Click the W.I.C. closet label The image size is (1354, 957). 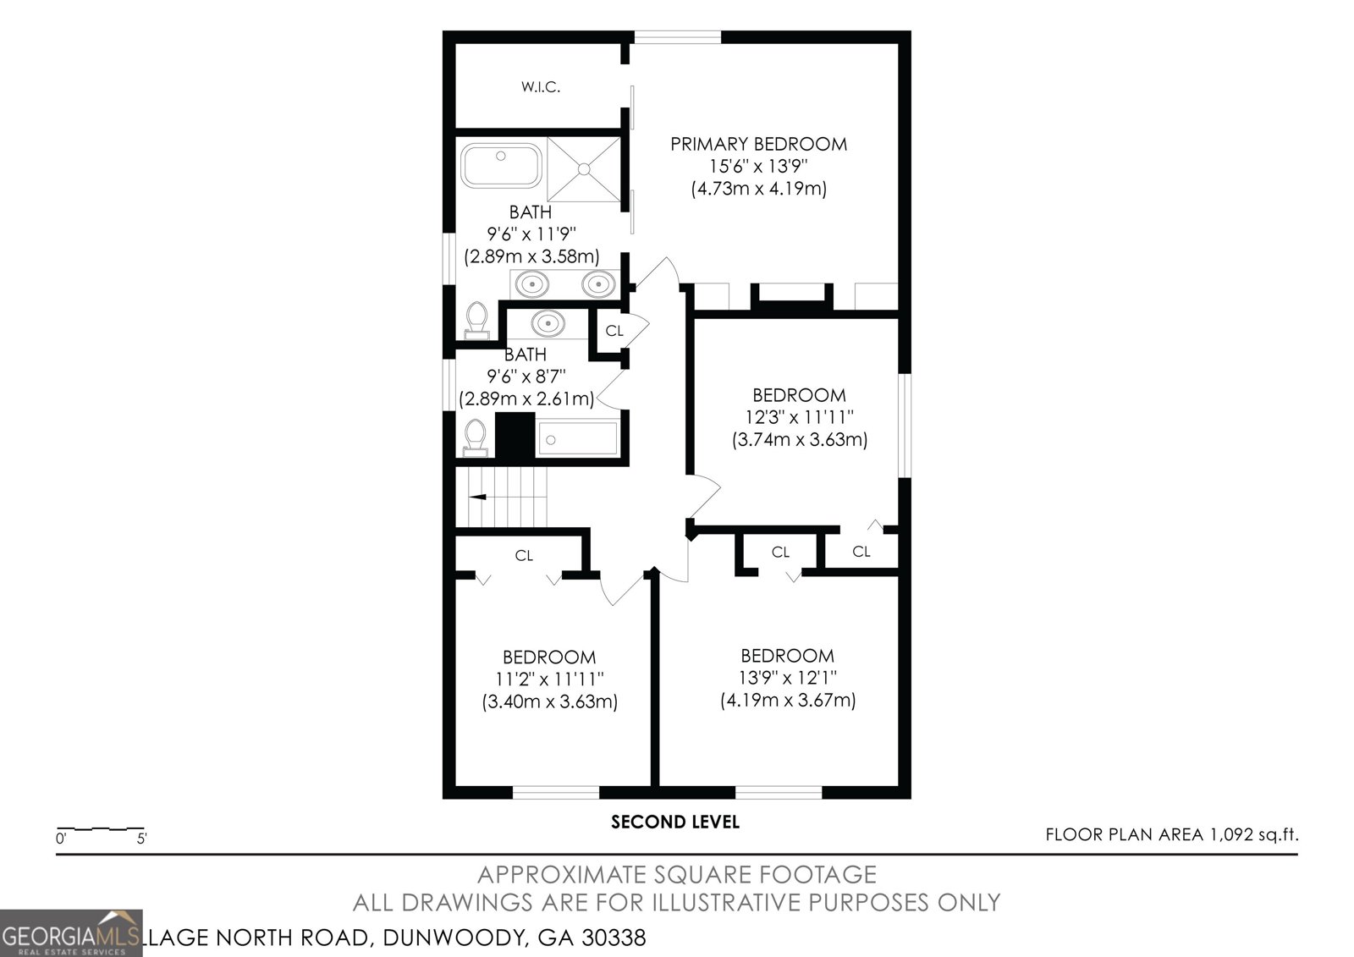tap(541, 87)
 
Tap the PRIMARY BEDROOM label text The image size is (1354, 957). tap(758, 144)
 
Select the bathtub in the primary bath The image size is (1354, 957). tap(501, 165)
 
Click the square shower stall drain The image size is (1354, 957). tap(583, 169)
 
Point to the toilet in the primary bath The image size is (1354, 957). tap(477, 321)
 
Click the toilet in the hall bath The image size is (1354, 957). tap(475, 438)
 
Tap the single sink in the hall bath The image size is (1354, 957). tap(548, 323)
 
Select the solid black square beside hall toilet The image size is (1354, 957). tap(515, 435)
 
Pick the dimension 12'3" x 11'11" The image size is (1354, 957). tap(799, 417)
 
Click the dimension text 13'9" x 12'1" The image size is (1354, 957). tap(788, 678)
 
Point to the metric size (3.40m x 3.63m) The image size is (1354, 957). tap(549, 701)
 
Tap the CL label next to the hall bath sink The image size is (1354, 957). tap(614, 331)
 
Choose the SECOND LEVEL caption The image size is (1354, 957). tap(675, 822)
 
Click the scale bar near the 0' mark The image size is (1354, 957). tap(101, 828)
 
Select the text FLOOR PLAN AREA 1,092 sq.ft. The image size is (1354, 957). tap(1172, 835)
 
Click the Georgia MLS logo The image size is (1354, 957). tap(71, 932)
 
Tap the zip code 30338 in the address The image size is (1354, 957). tap(614, 938)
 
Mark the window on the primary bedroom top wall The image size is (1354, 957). tap(677, 37)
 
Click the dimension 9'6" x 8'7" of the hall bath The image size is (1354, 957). tap(526, 377)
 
